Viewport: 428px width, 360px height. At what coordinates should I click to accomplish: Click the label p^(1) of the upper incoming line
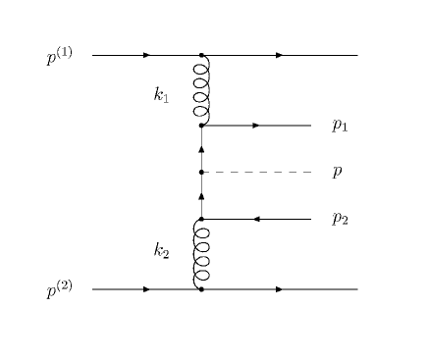click(x=60, y=57)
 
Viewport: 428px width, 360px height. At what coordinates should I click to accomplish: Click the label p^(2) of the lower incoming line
click(x=60, y=290)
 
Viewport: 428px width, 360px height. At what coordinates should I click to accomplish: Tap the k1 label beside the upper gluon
click(x=162, y=94)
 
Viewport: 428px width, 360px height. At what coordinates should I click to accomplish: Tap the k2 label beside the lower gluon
click(x=162, y=251)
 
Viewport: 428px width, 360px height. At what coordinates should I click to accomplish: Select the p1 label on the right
click(x=340, y=126)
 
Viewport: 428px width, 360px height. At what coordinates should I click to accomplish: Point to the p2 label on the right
click(x=340, y=219)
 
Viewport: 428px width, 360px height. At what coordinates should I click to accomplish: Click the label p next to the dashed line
click(x=337, y=173)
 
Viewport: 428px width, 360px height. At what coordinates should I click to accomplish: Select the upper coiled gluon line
click(x=201, y=90)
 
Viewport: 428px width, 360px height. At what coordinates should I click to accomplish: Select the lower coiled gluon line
click(x=201, y=254)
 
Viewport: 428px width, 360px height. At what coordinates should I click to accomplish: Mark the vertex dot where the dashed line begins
click(x=201, y=172)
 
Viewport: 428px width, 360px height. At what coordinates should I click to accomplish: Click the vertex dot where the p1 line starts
click(x=201, y=126)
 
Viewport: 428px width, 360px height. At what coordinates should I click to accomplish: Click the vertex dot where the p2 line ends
click(x=201, y=219)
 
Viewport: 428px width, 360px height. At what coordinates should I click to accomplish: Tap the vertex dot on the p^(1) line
click(x=201, y=55)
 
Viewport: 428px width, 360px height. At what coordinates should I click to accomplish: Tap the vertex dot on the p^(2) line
click(x=201, y=289)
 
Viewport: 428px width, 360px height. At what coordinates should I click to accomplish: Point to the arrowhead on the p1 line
click(x=256, y=126)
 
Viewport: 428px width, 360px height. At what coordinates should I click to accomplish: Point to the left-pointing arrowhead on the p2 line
click(x=256, y=219)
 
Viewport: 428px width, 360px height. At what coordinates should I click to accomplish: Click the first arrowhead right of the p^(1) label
click(x=146, y=55)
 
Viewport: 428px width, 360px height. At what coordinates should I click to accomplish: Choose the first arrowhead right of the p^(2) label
click(x=146, y=289)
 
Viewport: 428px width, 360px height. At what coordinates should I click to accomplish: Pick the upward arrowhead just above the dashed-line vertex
click(x=201, y=149)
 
